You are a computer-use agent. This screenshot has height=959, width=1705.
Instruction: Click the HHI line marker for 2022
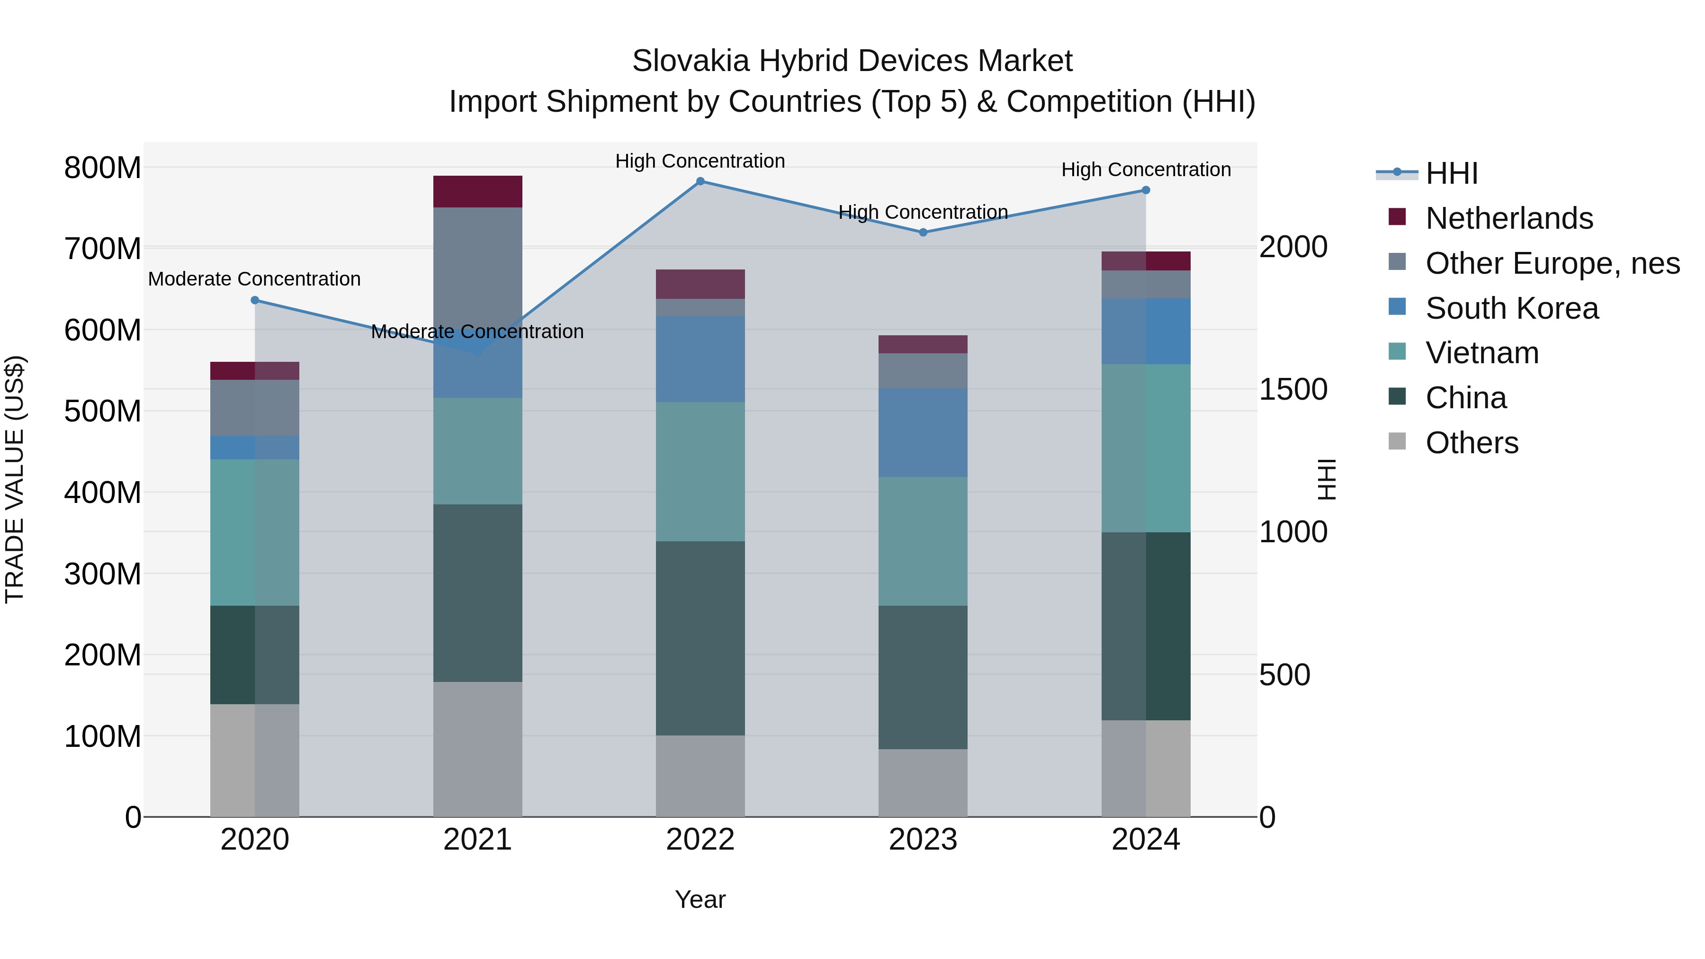700,181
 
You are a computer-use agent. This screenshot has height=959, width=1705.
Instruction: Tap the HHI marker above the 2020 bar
255,300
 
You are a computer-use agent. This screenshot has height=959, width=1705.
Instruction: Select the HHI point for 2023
924,233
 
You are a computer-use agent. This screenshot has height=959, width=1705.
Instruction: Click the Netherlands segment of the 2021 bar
477,191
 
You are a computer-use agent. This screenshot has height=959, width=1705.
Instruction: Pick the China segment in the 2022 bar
700,638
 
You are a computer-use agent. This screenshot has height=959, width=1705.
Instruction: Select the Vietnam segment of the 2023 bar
924,541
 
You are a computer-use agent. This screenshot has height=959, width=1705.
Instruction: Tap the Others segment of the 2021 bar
477,749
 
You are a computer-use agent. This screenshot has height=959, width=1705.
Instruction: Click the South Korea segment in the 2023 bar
924,432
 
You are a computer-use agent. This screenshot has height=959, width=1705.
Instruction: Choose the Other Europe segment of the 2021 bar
477,265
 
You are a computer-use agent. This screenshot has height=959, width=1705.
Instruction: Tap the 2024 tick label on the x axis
1146,840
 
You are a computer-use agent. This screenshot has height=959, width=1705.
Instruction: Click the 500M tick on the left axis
103,411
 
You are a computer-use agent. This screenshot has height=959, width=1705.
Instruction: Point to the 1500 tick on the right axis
1292,389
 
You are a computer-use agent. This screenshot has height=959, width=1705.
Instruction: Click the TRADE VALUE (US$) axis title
15,479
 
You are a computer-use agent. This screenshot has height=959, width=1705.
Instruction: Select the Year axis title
700,899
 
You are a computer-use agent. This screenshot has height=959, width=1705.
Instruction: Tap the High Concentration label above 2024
1146,170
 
